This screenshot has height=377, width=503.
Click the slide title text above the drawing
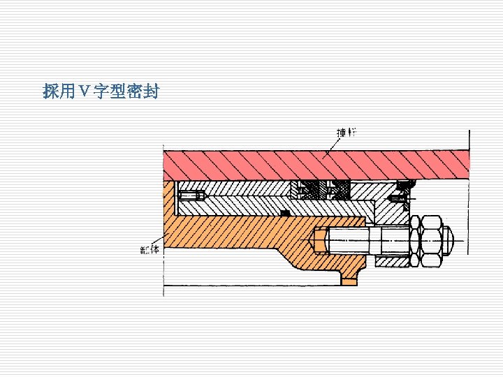click(101, 91)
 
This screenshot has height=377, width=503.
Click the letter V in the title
click(84, 91)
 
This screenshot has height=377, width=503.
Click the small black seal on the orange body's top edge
click(284, 212)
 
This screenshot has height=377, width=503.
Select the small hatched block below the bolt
click(391, 261)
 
